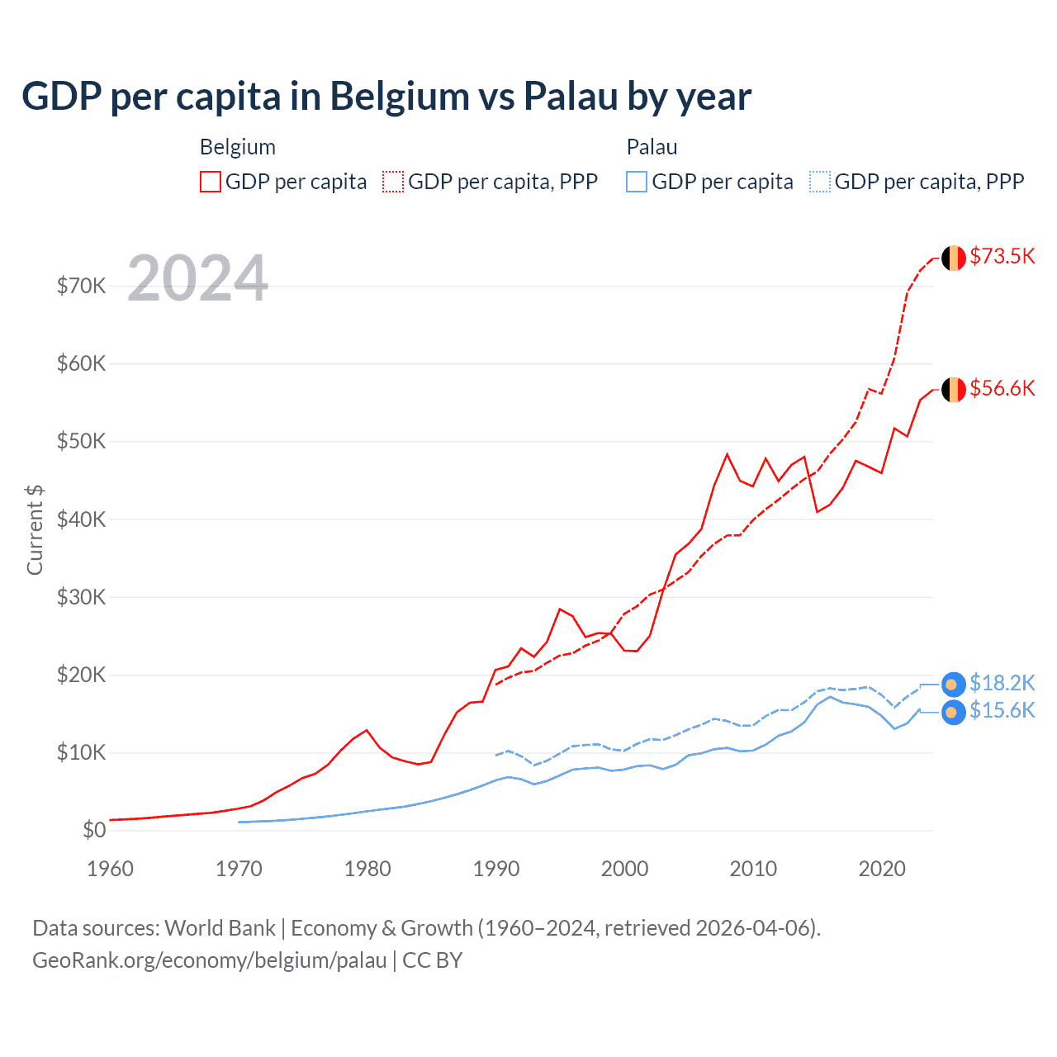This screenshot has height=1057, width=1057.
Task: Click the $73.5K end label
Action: [x=1002, y=256]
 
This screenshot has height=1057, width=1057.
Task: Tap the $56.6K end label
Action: [x=1002, y=388]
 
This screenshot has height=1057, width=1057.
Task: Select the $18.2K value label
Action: [x=1002, y=683]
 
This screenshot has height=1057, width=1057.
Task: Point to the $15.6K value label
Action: [x=1002, y=710]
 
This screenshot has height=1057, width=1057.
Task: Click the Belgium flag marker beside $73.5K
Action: [x=954, y=258]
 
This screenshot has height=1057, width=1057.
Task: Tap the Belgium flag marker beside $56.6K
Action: [x=954, y=389]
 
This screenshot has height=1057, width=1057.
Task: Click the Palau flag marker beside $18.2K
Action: [x=953, y=685]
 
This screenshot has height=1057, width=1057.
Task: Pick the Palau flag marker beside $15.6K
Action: [x=953, y=712]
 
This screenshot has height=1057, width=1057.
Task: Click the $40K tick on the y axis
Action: [x=81, y=519]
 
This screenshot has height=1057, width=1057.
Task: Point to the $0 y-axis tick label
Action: [x=94, y=830]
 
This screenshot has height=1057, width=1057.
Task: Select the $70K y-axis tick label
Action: [x=81, y=286]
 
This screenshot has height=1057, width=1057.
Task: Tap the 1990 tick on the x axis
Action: [x=496, y=869]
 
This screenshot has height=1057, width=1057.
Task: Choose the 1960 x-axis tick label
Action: [x=111, y=869]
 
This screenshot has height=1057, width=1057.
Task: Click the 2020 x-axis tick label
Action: [x=882, y=869]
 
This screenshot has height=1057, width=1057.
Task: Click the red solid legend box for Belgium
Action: [x=211, y=182]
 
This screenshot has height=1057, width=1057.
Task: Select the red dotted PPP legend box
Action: [x=393, y=182]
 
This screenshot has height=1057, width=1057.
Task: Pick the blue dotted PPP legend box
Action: [x=820, y=182]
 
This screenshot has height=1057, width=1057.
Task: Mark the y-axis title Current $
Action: [x=35, y=529]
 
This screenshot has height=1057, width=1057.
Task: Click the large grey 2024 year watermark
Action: [x=198, y=278]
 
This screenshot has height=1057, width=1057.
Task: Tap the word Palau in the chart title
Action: [x=571, y=96]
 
